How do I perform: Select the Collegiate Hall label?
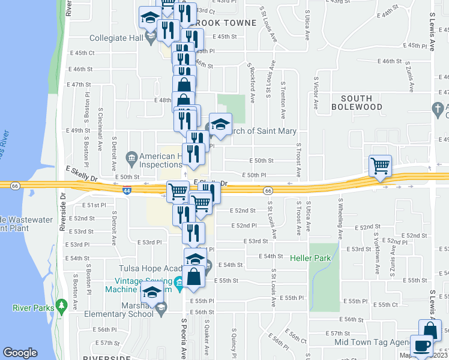click(x=117, y=38)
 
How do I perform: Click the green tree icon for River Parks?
click(x=61, y=307)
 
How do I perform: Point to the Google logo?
click(x=20, y=353)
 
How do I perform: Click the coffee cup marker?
click(x=423, y=346)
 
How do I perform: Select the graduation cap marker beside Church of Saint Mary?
click(x=220, y=124)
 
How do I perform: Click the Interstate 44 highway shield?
click(x=127, y=191)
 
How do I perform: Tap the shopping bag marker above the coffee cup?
click(x=430, y=330)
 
